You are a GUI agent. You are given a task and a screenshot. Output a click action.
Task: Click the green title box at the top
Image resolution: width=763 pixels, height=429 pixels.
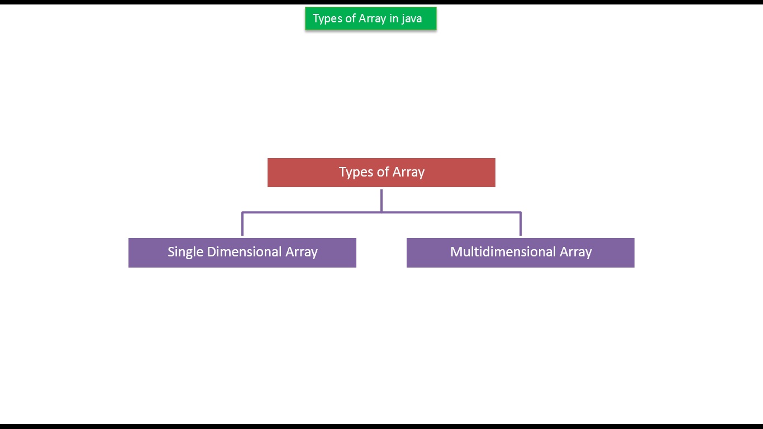click(x=370, y=18)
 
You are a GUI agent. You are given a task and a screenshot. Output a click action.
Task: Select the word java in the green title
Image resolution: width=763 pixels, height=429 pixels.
click(x=412, y=19)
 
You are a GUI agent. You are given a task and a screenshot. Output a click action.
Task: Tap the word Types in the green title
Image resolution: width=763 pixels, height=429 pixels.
click(x=327, y=19)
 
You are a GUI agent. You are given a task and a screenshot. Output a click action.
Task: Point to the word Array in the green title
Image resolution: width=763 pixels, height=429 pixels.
click(x=372, y=19)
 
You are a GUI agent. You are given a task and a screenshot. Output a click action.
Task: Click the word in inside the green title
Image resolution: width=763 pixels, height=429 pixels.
click(x=394, y=18)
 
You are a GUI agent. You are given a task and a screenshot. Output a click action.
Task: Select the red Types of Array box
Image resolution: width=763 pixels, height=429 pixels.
click(x=381, y=173)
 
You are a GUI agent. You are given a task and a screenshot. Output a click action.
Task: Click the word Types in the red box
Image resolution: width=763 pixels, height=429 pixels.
click(x=356, y=172)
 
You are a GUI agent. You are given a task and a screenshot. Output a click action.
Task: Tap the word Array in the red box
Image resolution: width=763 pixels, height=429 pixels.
click(x=408, y=172)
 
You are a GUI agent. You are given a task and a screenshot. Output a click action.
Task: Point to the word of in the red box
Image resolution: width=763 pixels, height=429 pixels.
click(x=383, y=172)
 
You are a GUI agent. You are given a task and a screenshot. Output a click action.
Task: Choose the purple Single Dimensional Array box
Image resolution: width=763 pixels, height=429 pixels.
click(x=242, y=252)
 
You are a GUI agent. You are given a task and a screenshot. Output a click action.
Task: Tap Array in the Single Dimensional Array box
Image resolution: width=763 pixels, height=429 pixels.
click(x=302, y=252)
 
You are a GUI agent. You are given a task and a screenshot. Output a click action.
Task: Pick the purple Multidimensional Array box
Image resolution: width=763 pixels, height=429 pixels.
click(x=520, y=252)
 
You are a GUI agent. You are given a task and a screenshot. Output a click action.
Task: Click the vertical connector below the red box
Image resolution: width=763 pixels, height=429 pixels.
click(x=381, y=200)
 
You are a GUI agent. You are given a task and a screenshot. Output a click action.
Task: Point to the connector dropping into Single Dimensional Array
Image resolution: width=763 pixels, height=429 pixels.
click(x=242, y=224)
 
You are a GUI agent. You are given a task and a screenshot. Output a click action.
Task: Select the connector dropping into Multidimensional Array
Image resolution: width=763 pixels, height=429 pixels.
click(x=521, y=224)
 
